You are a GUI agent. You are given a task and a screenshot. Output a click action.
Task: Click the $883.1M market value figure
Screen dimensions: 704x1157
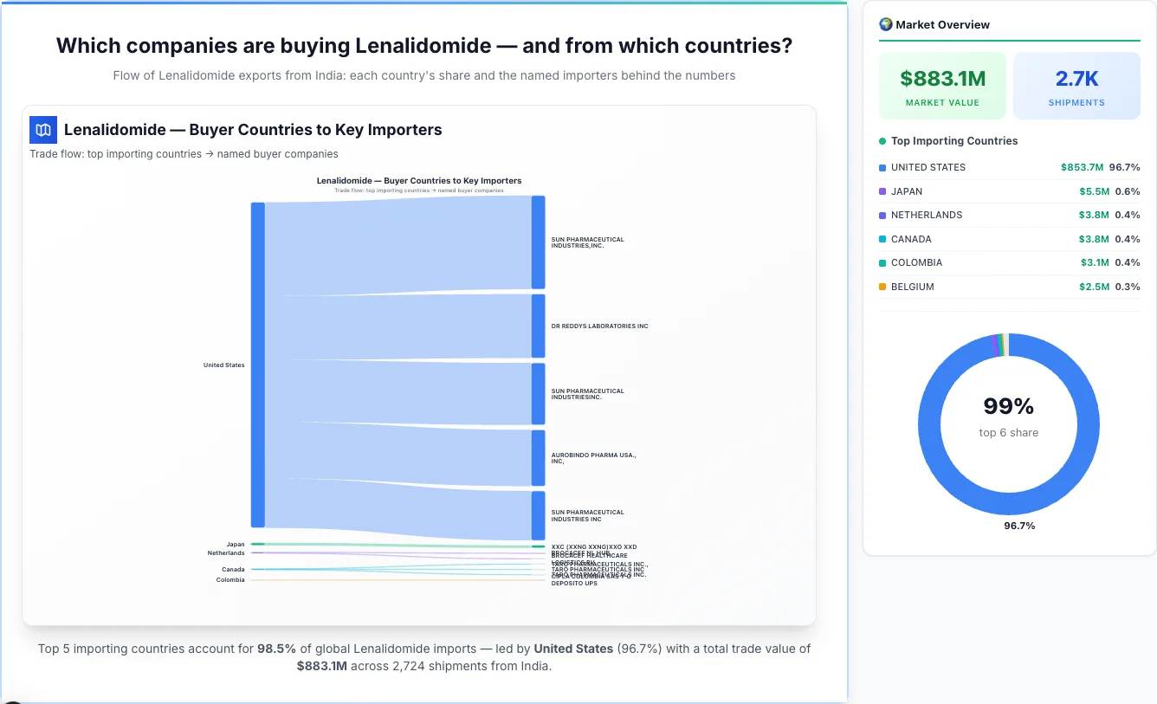(942, 80)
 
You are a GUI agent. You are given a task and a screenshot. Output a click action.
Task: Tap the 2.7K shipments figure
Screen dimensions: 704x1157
(1076, 80)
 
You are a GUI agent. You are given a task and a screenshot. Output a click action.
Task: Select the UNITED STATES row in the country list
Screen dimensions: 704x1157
(928, 167)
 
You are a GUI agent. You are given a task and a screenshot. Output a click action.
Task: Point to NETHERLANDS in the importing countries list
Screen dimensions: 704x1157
(926, 215)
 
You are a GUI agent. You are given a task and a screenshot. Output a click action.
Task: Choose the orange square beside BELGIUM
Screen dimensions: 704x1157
(882, 287)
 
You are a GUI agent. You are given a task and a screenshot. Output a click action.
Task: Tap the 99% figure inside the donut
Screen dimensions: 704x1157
(1008, 406)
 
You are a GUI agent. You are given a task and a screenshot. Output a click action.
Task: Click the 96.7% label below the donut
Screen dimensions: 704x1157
(1019, 526)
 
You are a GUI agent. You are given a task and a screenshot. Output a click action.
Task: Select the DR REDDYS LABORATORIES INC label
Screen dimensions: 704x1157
(599, 326)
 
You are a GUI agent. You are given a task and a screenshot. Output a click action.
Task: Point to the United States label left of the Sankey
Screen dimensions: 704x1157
(223, 365)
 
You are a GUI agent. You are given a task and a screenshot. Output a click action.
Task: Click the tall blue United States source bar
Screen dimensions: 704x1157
(257, 365)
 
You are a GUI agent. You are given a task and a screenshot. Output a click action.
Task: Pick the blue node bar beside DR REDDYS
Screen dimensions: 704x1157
(538, 326)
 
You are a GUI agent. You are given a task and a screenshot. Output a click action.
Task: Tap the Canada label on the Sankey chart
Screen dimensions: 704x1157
(233, 570)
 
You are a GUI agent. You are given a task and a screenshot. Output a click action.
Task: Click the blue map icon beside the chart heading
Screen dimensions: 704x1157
(43, 130)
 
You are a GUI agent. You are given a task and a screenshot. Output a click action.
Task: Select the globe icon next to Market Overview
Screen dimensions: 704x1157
(885, 24)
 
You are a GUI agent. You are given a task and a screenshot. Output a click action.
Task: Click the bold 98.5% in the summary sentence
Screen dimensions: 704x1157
(276, 649)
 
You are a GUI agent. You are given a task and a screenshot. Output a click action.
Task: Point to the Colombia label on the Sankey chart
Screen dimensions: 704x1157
(230, 580)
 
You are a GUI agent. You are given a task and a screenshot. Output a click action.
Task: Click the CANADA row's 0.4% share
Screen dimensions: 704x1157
(1128, 239)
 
